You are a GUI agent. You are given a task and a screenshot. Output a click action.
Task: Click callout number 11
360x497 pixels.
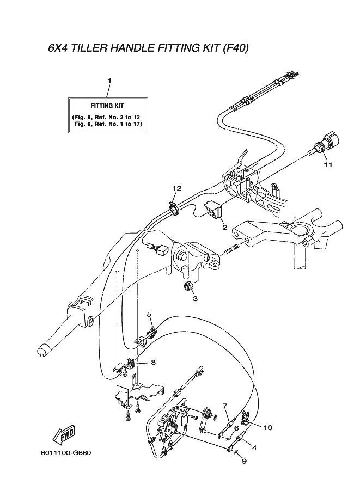pos(328,164)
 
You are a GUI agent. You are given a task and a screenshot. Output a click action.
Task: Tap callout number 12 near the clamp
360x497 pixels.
pos(177,188)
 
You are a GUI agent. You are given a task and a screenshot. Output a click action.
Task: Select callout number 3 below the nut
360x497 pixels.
pos(195,298)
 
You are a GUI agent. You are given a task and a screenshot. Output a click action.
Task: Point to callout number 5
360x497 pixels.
pos(150,314)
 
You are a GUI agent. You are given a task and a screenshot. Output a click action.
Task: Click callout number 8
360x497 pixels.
pos(153,362)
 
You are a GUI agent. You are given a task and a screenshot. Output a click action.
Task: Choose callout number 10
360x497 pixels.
pos(268,427)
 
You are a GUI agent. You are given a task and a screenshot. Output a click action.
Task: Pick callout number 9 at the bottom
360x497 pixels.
pos(244,461)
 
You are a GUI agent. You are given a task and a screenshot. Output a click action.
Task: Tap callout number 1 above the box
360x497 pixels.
pos(109,81)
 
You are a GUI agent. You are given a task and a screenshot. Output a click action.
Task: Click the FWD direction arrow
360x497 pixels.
pos(64,434)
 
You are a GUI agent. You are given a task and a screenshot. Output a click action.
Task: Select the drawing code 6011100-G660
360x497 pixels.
pos(66,452)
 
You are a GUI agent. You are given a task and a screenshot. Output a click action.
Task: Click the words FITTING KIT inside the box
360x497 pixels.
pos(107,106)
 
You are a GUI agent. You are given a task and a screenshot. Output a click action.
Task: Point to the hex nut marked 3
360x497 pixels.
pos(188,286)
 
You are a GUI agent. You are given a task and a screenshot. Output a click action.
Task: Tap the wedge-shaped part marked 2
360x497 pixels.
pos(213,210)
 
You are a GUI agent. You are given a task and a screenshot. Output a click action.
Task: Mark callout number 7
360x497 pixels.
pos(224,406)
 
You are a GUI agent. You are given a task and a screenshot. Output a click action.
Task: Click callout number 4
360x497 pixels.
pos(254,448)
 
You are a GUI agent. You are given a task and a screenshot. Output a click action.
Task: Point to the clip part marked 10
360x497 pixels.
pos(245,418)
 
